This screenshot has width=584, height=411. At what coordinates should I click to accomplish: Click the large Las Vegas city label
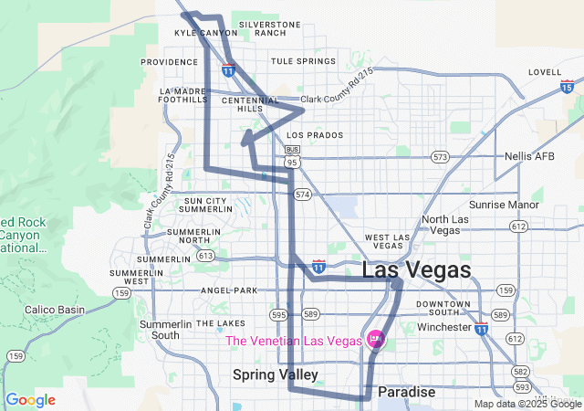point(417,270)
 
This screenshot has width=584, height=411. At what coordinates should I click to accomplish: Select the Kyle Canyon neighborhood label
point(198,32)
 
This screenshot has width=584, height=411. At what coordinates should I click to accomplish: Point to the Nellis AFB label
point(529,156)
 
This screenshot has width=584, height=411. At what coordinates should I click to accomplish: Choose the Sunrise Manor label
point(504,205)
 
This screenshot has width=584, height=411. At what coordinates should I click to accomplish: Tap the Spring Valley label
point(275,374)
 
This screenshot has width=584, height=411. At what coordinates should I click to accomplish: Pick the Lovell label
point(544,71)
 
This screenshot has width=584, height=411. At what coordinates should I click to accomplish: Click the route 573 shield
point(441,157)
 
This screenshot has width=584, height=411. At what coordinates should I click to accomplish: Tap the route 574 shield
point(303,195)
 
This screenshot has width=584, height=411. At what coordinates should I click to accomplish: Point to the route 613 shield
point(205,257)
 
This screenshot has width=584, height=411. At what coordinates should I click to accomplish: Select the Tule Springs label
point(303,61)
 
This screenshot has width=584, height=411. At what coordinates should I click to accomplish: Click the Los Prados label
point(313,135)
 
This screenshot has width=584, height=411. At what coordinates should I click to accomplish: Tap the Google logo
point(30,400)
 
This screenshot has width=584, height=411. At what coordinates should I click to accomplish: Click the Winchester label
point(443,327)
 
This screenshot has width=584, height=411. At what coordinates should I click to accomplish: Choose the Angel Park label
point(229,290)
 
